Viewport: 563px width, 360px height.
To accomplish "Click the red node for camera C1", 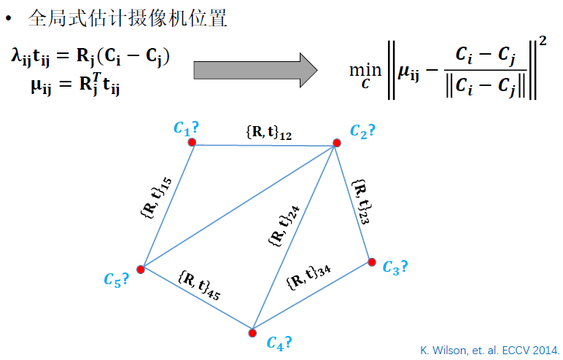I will pos(193,142).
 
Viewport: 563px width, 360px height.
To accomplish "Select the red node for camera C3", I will pos(371,262).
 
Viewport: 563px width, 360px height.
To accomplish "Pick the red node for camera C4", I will pos(252,333).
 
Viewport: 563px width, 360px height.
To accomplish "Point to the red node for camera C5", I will pos(141,269).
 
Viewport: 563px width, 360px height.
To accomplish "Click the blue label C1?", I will pos(186,128).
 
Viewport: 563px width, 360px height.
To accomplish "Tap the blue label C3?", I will pos(395,267).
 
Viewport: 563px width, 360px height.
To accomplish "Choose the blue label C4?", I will pos(279,342).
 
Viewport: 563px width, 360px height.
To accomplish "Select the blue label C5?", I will pos(116,278).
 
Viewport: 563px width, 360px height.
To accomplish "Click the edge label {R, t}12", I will pos(269,132).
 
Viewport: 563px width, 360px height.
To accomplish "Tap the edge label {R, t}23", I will pos(360,202).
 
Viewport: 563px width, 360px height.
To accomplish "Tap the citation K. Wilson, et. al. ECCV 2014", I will pos(489,350).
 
